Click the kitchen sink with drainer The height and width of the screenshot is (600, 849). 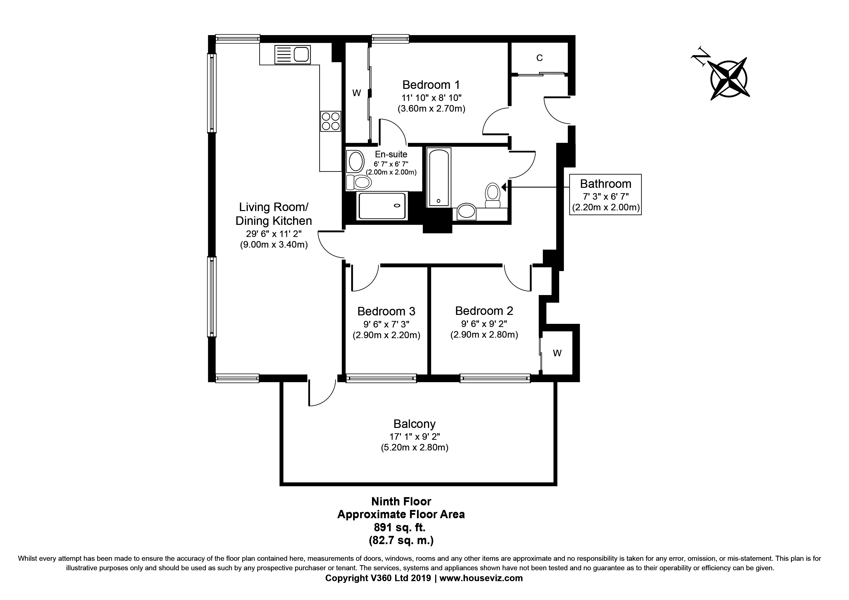click(292, 54)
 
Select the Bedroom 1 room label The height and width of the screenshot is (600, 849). click(431, 85)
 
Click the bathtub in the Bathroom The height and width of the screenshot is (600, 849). click(439, 177)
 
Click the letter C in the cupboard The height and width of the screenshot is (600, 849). click(539, 58)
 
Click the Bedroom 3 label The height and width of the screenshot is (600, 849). click(387, 311)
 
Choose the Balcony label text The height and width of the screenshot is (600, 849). click(415, 424)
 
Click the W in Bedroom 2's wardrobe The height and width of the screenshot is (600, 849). click(557, 353)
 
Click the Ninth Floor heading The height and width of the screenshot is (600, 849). click(401, 502)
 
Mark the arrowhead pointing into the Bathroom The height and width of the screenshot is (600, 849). click(504, 187)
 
